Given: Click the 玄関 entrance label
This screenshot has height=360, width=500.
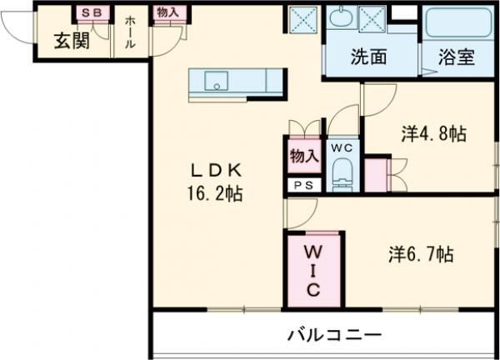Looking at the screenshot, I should point(70,41).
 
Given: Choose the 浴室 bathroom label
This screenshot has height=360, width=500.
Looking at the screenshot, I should point(456,58).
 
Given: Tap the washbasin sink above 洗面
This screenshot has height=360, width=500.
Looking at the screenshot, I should point(340,16).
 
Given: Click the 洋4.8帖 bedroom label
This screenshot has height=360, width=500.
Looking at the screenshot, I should point(433,133).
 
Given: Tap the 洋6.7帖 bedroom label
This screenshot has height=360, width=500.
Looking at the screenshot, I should point(420,254).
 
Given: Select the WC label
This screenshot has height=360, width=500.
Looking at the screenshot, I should point(342,147).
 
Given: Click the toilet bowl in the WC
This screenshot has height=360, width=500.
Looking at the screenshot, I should point(342,176).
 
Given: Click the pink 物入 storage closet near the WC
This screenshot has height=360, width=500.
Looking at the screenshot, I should point(303,157).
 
